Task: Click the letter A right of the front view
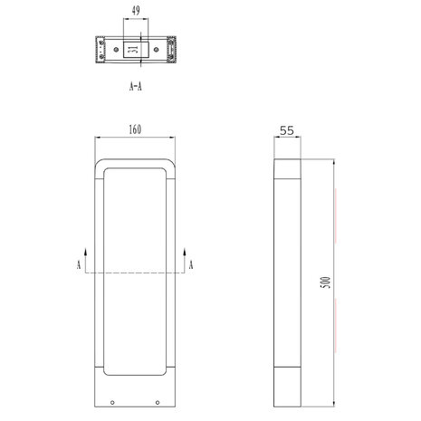click(191, 264)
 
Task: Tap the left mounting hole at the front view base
click(111, 402)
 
